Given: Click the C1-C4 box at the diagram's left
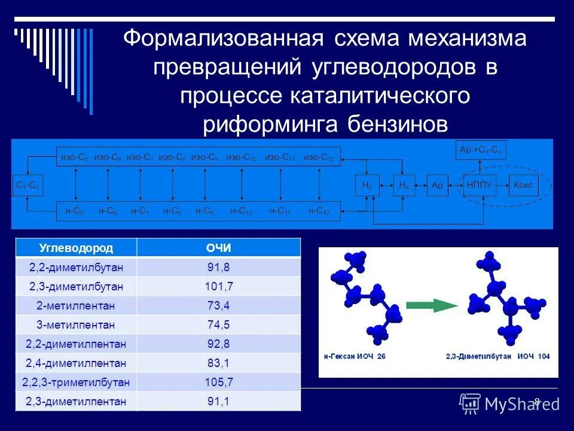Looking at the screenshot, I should point(28,186).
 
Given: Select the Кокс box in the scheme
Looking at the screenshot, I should point(523,186).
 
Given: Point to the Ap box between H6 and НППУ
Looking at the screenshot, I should point(436,186).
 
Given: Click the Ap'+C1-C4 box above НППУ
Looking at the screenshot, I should point(481,150).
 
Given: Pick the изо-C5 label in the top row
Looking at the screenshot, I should point(74,157).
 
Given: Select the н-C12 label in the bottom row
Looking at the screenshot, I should point(319,211).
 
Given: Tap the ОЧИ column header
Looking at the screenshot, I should point(218,248).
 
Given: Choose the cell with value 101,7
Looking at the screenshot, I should point(218,286).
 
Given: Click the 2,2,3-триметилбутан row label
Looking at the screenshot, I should point(76,382).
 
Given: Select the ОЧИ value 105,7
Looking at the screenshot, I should point(218,382).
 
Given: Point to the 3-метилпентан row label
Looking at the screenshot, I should point(76,324).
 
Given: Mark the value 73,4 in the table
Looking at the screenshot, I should point(218,305).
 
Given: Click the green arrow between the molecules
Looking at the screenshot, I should point(432,305).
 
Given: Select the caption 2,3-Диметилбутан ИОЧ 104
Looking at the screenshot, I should point(497,356).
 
